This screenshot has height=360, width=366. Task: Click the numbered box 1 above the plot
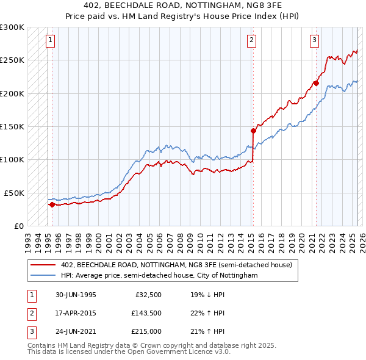click(x=49, y=41)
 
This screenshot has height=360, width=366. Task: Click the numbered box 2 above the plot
click(x=251, y=41)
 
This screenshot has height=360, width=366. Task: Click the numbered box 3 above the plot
click(x=314, y=41)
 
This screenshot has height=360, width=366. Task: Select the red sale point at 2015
click(x=253, y=130)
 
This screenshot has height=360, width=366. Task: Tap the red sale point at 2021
click(x=316, y=83)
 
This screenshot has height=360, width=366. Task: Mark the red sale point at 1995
click(x=52, y=204)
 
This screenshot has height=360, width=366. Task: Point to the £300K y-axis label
click(x=12, y=27)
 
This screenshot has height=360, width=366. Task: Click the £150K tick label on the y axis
click(x=12, y=126)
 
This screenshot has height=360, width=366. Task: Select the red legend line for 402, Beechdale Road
click(x=44, y=265)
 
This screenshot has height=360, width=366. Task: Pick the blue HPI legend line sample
click(x=44, y=276)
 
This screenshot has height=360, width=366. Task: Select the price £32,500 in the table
click(x=148, y=295)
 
